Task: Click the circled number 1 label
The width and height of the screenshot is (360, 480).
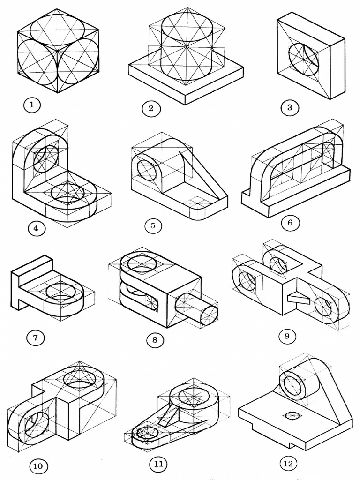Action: tap(31, 105)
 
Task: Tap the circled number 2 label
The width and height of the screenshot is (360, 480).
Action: tap(151, 109)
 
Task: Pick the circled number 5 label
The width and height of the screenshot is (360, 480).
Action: tap(153, 226)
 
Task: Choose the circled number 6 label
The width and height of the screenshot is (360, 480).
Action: tap(290, 223)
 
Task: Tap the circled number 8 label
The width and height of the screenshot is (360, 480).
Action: tap(155, 339)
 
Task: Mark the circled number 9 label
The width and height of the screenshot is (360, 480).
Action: tap(287, 336)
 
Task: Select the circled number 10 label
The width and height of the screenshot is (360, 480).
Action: tap(38, 466)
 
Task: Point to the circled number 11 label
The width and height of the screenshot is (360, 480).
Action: tap(158, 464)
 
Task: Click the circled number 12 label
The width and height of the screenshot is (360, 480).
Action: tap(288, 464)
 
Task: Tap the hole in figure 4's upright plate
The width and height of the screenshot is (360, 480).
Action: tap(46, 158)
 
